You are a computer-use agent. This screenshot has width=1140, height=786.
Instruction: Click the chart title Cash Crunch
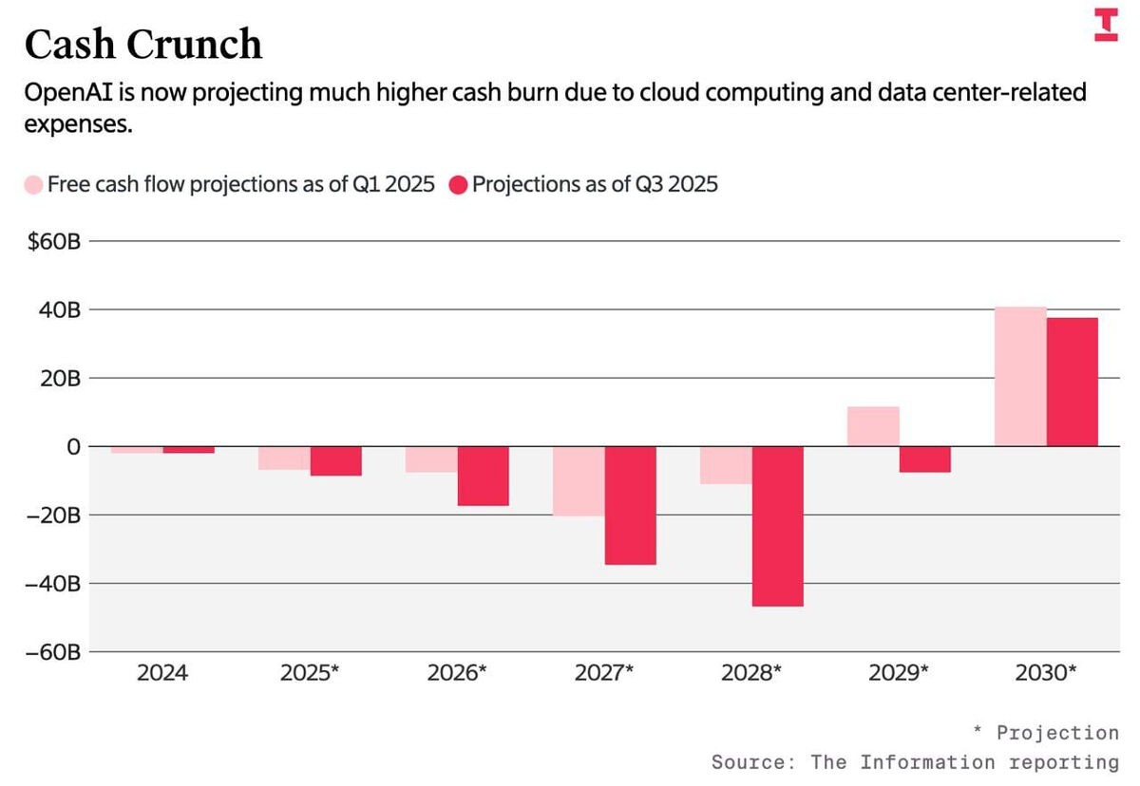click(142, 45)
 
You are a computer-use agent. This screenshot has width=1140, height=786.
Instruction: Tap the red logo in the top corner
click(1106, 25)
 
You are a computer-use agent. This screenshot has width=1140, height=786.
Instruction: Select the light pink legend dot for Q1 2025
click(33, 184)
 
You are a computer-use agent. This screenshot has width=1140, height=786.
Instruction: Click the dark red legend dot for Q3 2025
click(458, 184)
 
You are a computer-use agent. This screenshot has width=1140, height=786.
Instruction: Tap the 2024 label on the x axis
click(162, 673)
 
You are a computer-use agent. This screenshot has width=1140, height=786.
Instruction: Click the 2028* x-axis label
click(750, 673)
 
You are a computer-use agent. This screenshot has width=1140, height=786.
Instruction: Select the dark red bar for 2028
click(777, 526)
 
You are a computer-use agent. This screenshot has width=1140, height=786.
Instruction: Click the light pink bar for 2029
click(873, 426)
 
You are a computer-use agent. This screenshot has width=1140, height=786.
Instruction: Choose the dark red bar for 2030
click(1072, 382)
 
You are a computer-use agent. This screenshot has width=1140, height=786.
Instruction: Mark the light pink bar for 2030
click(1020, 377)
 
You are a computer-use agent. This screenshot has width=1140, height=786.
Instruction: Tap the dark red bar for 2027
click(630, 505)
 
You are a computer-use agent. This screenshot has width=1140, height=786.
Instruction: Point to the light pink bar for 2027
click(579, 481)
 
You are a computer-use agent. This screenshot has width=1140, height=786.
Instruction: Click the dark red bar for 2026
click(483, 476)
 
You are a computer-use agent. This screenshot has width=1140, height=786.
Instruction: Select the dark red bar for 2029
click(924, 459)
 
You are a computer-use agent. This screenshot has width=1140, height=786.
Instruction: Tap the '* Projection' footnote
click(1046, 733)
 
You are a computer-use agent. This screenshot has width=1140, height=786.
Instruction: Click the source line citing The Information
click(915, 762)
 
